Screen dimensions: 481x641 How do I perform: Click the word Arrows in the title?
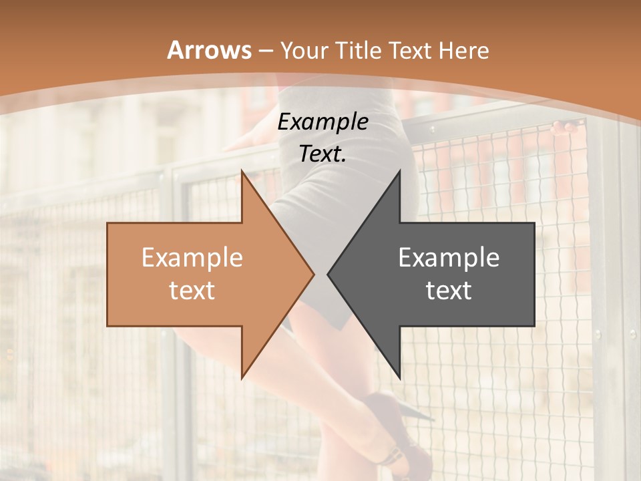[209, 50]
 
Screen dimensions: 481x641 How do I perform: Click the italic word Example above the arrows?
[323, 122]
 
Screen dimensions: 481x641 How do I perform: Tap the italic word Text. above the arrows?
[323, 154]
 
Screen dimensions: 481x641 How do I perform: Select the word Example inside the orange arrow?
[192, 258]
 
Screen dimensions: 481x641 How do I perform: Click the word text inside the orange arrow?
[192, 290]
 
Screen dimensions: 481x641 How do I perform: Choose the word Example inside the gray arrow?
[449, 258]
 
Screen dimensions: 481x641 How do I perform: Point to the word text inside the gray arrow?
[449, 290]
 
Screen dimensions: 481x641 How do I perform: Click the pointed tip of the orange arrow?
[313, 273]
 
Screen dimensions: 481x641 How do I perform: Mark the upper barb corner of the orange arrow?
[242, 171]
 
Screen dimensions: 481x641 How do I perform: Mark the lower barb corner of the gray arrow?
[399, 377]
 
